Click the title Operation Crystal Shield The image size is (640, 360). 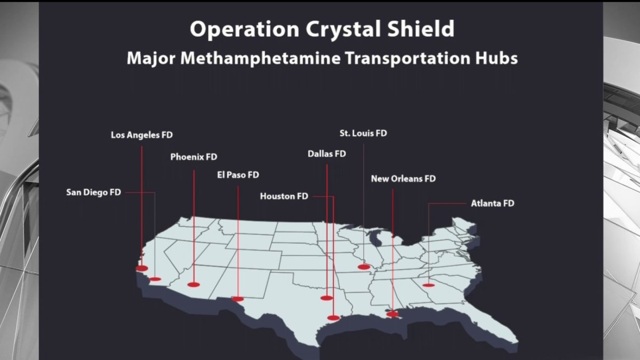coord(322,29)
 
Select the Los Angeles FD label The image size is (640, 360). coord(142,135)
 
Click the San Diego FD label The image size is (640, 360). coord(94,192)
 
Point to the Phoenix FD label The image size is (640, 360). coord(194,157)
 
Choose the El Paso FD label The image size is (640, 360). coord(238,174)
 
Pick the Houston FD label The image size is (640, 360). coord(284,196)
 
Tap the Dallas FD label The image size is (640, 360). coord(326,154)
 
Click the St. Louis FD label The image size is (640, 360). coord(363,133)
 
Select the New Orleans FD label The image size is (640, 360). coord(403,179)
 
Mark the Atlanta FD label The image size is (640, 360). coord(492,203)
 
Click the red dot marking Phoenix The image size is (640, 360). coord(193,285)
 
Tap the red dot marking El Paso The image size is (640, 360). coord(238,299)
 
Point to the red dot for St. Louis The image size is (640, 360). coord(364,267)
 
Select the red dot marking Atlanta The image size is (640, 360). coord(428,285)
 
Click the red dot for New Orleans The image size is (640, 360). coord(393,314)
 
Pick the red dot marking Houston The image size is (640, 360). coord(333,318)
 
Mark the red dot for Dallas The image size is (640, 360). coord(326,298)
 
